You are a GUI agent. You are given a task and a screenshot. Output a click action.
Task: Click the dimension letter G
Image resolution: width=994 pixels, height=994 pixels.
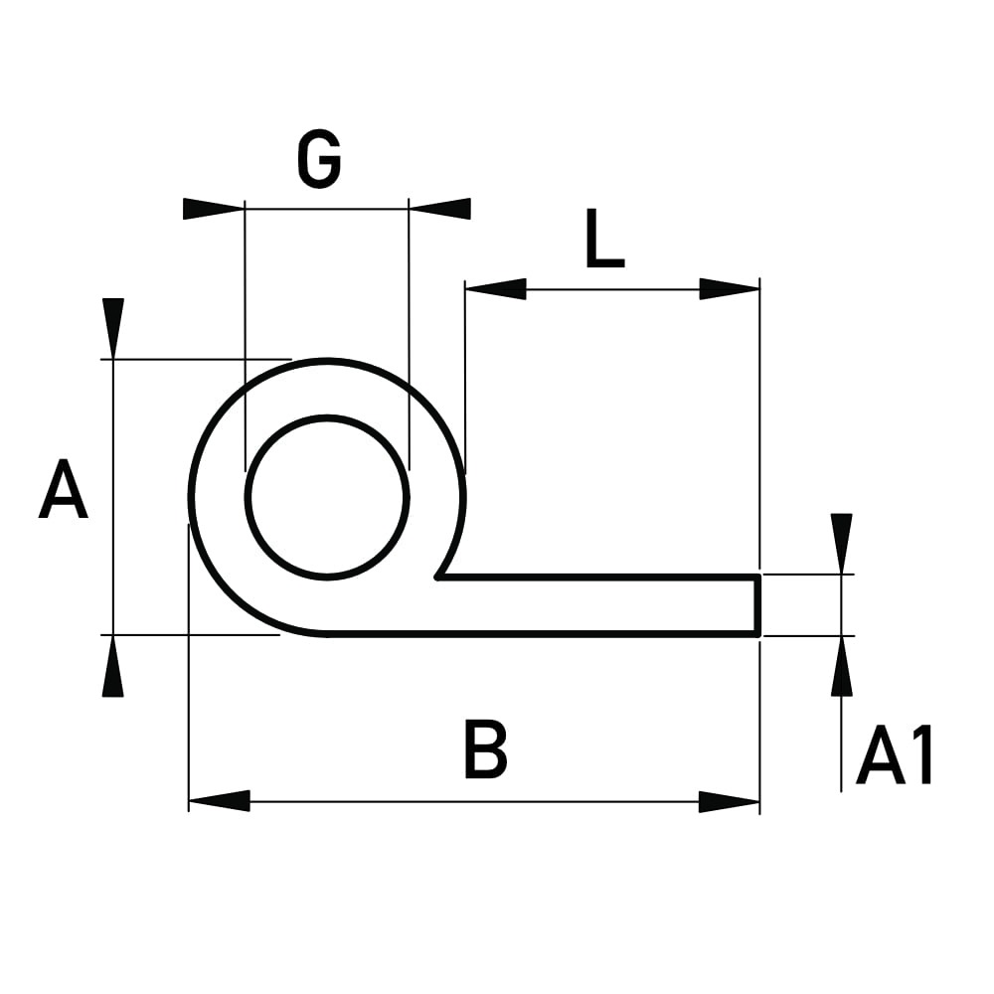[x=319, y=160]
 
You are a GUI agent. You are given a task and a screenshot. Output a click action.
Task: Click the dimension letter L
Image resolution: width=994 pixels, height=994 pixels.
[x=604, y=238]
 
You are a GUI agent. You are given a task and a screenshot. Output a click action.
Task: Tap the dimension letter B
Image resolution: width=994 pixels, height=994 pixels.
[x=486, y=748]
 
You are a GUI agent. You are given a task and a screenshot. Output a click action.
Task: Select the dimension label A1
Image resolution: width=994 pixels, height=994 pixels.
[x=894, y=755]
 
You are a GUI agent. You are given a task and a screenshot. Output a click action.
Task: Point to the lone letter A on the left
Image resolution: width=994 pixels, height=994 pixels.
[x=63, y=489]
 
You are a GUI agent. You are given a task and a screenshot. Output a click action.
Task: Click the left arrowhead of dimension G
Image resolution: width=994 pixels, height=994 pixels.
[x=214, y=209]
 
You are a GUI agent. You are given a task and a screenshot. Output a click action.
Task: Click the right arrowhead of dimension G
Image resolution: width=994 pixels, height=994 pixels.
[x=440, y=209]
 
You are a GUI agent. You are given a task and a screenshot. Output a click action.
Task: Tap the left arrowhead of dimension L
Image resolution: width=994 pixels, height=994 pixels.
[x=496, y=289]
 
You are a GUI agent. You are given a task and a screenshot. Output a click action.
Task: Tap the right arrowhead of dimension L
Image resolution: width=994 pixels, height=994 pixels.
[x=729, y=289]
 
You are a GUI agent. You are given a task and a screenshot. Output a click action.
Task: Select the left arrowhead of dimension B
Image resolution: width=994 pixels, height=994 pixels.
[x=220, y=801]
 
